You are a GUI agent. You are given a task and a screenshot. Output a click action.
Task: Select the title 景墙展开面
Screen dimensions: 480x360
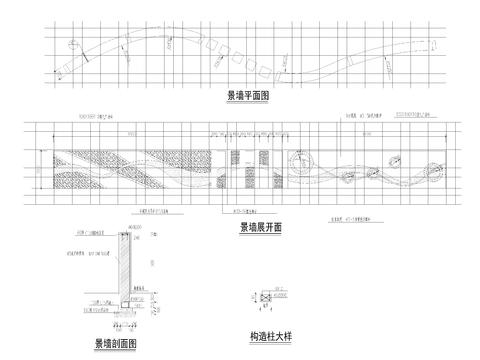pyautogui.click(x=260, y=227)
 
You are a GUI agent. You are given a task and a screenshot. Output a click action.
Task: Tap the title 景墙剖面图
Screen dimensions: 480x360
pyautogui.click(x=115, y=343)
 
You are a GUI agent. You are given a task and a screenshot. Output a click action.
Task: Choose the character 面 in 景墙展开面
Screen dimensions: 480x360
pyautogui.click(x=277, y=227)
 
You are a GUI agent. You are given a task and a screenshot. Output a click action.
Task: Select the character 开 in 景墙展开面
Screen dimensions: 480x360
pyautogui.click(x=266, y=227)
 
